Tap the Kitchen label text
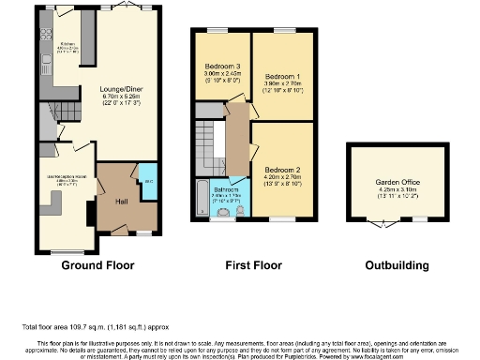tap(67, 44)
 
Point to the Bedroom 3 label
tap(222, 67)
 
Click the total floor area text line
tap(94, 326)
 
